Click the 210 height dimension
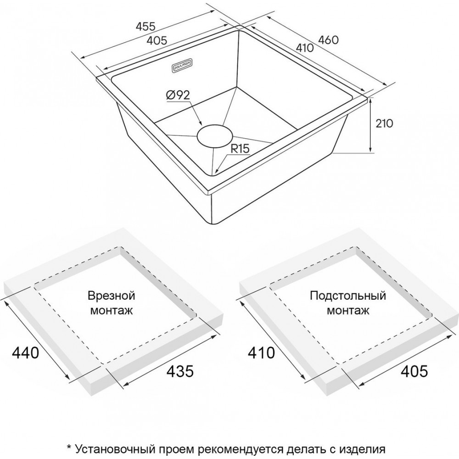click(384, 123)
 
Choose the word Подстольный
click(348, 295)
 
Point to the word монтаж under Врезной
click(111, 311)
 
